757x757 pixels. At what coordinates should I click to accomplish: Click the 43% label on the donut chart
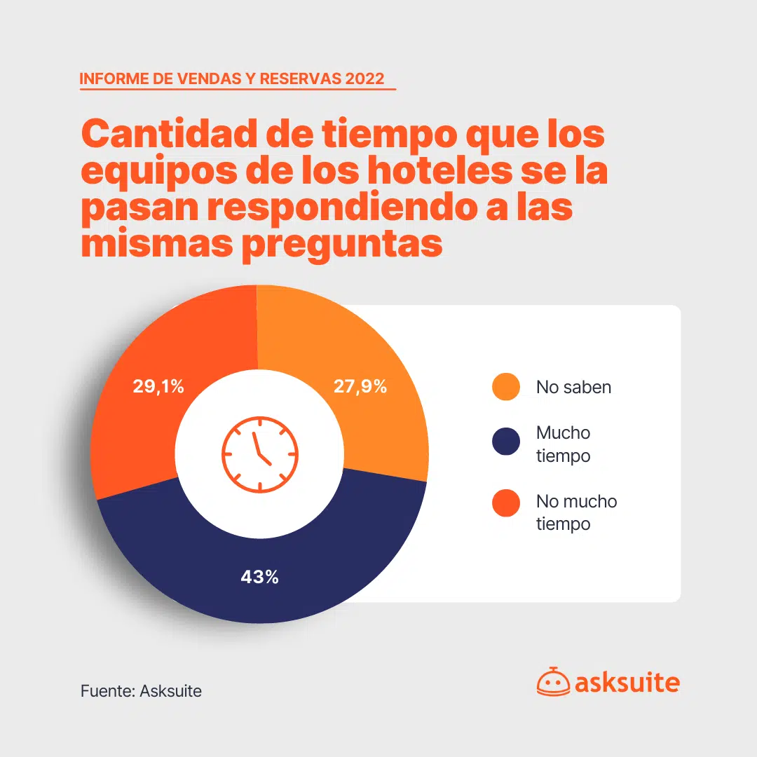[x=259, y=577]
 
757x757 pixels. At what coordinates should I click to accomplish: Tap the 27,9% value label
[x=360, y=386]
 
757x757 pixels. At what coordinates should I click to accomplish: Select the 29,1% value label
[x=158, y=386]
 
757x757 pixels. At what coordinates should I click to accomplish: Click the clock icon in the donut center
[x=259, y=453]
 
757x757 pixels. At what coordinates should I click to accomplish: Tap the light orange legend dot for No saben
[x=506, y=387]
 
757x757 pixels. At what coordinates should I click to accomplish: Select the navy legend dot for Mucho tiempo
[x=506, y=444]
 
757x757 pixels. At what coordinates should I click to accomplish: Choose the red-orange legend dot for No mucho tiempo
[x=506, y=503]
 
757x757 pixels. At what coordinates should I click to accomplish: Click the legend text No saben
[x=573, y=387]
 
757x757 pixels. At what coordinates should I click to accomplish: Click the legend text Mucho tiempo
[x=563, y=444]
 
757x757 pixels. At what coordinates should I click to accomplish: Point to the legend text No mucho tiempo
[x=576, y=512]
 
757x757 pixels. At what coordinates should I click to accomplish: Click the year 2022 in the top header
[x=364, y=78]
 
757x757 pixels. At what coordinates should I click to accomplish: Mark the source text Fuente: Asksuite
[x=141, y=691]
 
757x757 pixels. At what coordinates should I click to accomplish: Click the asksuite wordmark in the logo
[x=627, y=682]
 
